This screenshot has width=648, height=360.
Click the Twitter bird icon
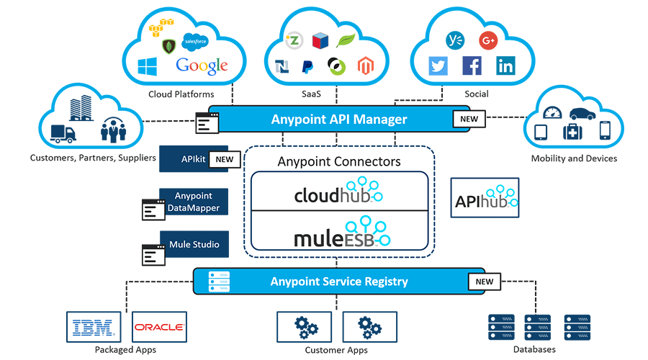click(438, 66)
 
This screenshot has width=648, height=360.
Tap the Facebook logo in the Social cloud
click(472, 66)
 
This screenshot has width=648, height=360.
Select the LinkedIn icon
click(505, 66)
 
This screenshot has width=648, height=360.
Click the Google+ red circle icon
click(488, 41)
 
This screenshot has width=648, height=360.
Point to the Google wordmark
click(202, 66)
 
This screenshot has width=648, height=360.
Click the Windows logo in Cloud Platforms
click(148, 67)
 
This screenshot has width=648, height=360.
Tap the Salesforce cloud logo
click(195, 41)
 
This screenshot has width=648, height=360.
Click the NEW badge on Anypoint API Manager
click(468, 120)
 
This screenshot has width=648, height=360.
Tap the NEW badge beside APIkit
click(224, 159)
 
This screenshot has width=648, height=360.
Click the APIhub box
click(485, 198)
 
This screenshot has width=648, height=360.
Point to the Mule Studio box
click(194, 244)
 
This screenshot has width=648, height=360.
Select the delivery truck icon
click(63, 134)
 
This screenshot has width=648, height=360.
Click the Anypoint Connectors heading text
click(339, 161)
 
